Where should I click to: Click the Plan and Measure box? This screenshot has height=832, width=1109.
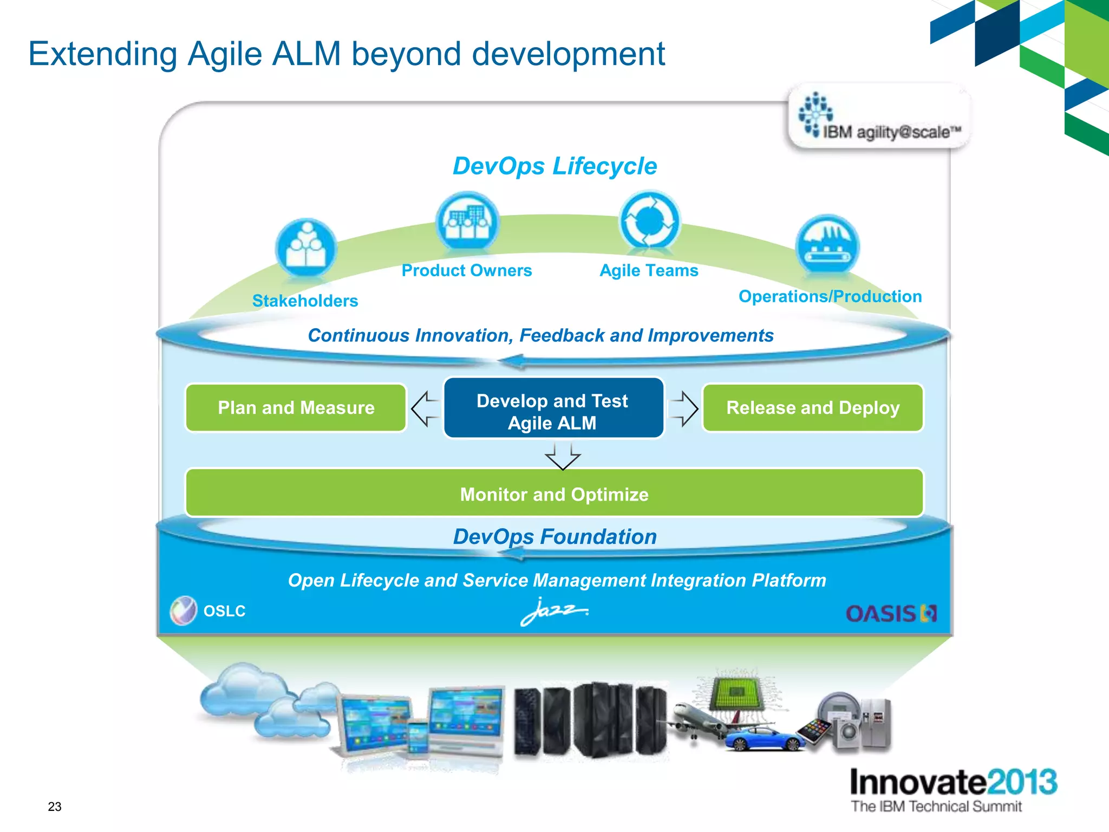click(x=296, y=408)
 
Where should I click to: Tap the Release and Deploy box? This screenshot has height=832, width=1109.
click(x=812, y=408)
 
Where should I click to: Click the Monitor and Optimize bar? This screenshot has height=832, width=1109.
click(x=554, y=493)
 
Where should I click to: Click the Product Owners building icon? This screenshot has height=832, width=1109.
click(x=467, y=222)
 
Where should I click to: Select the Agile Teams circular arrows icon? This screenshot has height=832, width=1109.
click(x=649, y=220)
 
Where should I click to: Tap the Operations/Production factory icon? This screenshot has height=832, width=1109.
click(x=827, y=245)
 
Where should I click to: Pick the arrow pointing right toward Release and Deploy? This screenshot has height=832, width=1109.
click(x=683, y=409)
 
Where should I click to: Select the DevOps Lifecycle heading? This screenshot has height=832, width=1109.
click(x=554, y=166)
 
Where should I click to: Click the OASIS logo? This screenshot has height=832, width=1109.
click(x=891, y=614)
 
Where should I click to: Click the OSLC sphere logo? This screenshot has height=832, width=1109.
click(x=184, y=610)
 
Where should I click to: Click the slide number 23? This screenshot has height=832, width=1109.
click(x=55, y=807)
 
